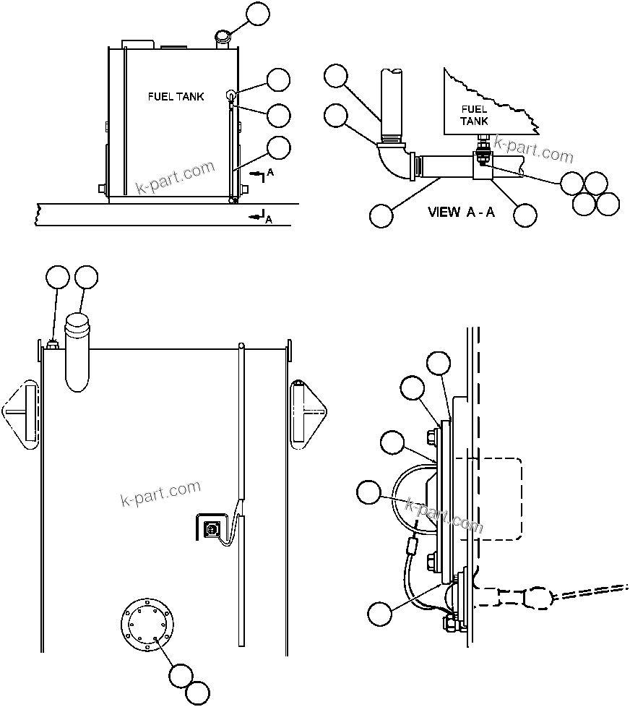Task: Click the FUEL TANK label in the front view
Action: (176, 96)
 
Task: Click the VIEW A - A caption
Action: (461, 212)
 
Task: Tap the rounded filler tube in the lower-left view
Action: (79, 351)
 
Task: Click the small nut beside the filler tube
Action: (51, 345)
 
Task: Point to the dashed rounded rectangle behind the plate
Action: (495, 499)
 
